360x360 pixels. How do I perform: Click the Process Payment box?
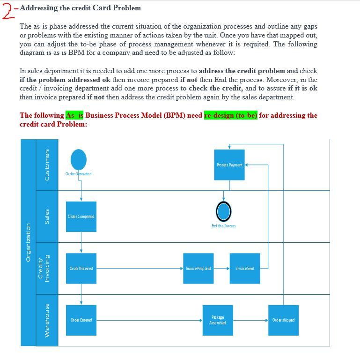[x=229, y=165]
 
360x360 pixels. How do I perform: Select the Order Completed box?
[x=81, y=217]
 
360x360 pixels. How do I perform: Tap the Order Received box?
[x=81, y=268]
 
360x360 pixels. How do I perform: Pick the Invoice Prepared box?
[x=198, y=268]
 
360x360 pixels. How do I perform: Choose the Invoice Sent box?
[x=245, y=268]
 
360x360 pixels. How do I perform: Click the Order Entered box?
[x=81, y=320]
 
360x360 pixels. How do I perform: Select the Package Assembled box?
[x=218, y=320]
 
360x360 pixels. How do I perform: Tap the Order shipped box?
[x=283, y=320]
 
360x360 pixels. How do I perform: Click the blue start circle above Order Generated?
[x=79, y=159]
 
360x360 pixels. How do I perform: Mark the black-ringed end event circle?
[x=224, y=212]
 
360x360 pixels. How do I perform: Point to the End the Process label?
[x=224, y=226]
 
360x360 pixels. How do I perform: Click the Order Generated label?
[x=79, y=174]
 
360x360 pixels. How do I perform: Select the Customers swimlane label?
[x=47, y=165]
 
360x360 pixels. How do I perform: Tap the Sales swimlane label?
[x=47, y=217]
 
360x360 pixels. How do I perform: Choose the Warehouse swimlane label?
[x=47, y=320]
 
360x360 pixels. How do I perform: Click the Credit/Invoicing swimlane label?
[x=44, y=269]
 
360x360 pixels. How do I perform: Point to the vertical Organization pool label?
[x=28, y=242]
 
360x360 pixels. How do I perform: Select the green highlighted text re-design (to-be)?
[x=231, y=115]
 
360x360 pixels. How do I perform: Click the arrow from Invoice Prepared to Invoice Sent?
[x=221, y=269]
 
